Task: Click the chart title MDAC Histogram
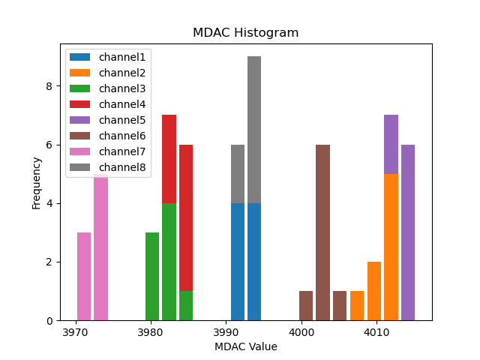[x=245, y=33]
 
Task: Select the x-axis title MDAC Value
[x=245, y=346]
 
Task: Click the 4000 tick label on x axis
[x=301, y=331]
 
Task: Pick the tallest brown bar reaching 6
[x=322, y=232]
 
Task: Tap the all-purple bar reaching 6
[x=408, y=232]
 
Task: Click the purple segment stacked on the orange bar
[x=391, y=144]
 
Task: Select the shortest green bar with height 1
[x=186, y=306]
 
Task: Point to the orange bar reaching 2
[x=373, y=291]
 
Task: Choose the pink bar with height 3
[x=84, y=276]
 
